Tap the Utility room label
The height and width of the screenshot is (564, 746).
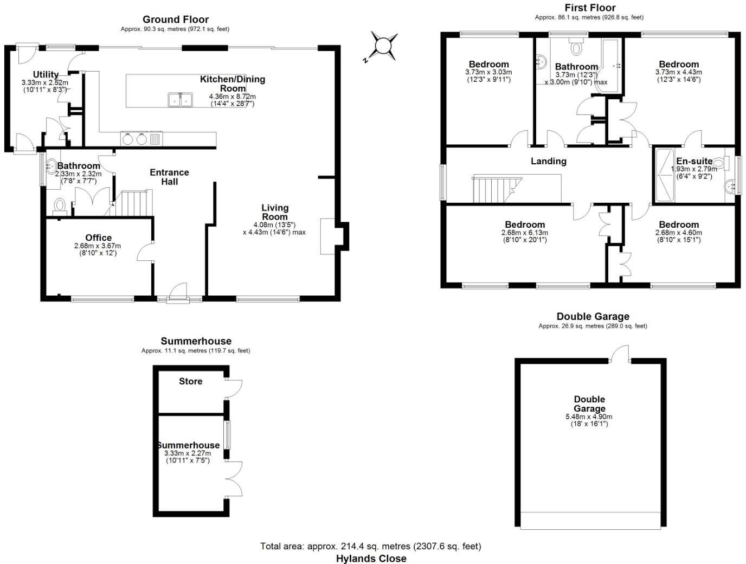[46, 74]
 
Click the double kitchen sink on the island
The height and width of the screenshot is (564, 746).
[180, 100]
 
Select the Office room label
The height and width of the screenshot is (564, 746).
[99, 238]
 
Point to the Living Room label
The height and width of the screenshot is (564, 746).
[275, 212]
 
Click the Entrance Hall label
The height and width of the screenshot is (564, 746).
[169, 177]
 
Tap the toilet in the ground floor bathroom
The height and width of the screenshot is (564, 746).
[60, 206]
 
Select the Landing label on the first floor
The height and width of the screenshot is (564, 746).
[548, 161]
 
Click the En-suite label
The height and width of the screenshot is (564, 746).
[694, 161]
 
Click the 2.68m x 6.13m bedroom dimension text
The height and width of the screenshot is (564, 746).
[525, 233]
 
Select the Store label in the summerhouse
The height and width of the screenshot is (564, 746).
[191, 381]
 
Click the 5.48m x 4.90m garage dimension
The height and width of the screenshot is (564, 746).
[589, 416]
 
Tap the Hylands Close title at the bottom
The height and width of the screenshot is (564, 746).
[371, 558]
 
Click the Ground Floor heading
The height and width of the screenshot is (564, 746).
[176, 20]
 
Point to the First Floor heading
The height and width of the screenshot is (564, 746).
[590, 8]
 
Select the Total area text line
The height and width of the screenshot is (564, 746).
[371, 546]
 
